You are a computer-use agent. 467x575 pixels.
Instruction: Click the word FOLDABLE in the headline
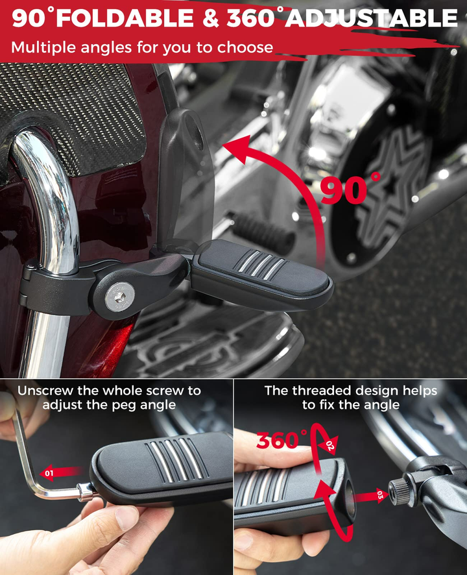coord(125,18)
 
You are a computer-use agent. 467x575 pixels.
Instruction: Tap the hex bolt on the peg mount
coord(119,297)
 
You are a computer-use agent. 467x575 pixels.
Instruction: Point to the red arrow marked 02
coord(328,446)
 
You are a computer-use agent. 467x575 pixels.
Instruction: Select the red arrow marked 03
coord(371,496)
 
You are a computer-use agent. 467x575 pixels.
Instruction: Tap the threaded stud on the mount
coord(399,491)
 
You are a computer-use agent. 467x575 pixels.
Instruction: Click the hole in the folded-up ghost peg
coord(195,130)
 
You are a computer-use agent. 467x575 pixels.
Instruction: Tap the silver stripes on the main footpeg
coord(261,263)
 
